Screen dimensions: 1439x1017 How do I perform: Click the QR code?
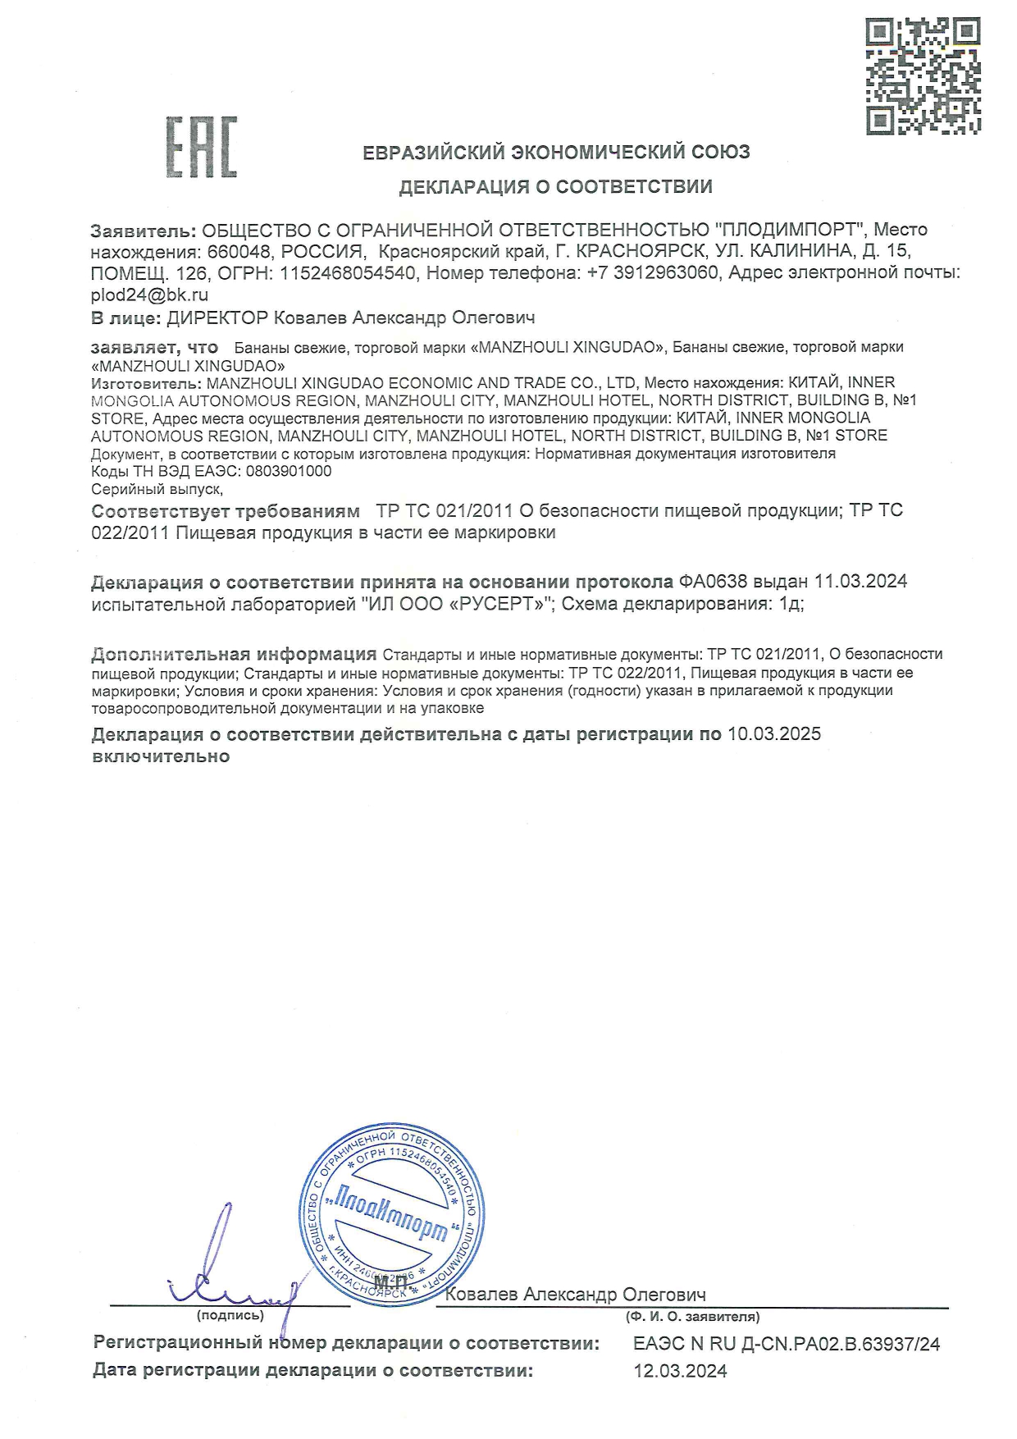[923, 76]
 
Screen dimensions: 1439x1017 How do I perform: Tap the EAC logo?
[202, 148]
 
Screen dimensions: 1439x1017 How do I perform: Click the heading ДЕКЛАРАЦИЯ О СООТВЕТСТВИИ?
[555, 187]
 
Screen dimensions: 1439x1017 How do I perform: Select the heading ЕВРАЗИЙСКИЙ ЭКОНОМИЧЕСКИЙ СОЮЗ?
[556, 152]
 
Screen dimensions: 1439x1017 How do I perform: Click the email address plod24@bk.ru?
[149, 295]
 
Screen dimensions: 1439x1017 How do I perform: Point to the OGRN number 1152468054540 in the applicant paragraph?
[348, 273]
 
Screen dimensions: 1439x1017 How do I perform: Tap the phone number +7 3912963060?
[653, 273]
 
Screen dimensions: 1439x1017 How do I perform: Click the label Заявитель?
[144, 230]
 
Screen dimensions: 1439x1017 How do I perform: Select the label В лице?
[125, 317]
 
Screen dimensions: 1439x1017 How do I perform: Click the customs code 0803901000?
[289, 472]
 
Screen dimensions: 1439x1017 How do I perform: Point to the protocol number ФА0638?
[713, 582]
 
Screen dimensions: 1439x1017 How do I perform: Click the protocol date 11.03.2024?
[860, 582]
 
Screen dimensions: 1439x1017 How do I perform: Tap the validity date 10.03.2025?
[774, 734]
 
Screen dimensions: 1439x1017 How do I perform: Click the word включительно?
[161, 756]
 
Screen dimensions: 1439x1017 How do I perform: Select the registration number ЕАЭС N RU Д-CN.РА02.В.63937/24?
[787, 1345]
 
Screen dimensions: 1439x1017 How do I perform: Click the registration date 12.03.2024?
[680, 1371]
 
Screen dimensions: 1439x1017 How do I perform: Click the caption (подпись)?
[230, 1316]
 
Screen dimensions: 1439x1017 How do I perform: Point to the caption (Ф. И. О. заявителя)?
[692, 1317]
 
